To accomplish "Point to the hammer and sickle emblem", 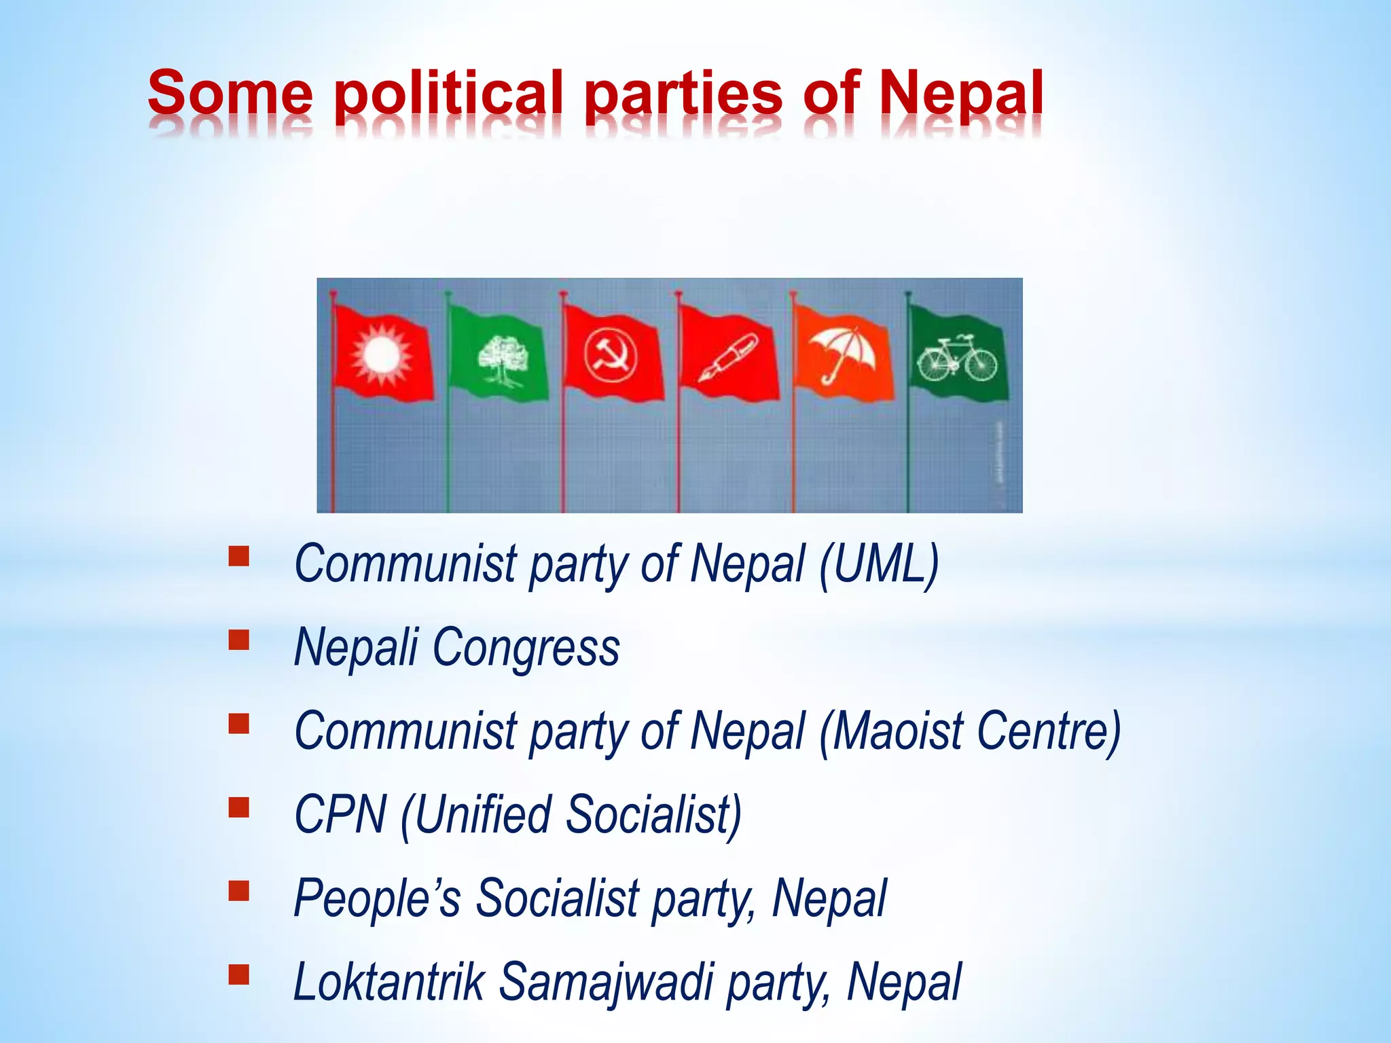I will click(x=610, y=355).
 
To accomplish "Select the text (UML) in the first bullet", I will click(x=879, y=564).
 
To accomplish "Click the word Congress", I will click(x=526, y=648).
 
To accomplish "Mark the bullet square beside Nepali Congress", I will click(x=239, y=640).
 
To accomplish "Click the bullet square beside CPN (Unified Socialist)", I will click(x=239, y=807).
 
